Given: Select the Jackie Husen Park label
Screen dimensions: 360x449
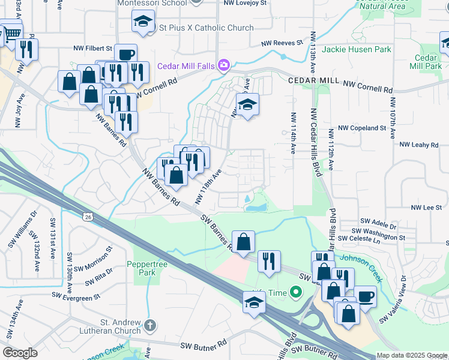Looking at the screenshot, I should (357, 49).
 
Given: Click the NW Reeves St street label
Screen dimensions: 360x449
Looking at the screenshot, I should (284, 43).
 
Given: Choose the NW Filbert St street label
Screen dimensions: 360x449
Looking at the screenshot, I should (93, 47).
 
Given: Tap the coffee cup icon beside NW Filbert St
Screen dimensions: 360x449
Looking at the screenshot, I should (125, 55).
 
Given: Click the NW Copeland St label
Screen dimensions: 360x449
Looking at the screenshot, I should (362, 128).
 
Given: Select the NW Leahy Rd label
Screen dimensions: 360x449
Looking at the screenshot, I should (423, 145).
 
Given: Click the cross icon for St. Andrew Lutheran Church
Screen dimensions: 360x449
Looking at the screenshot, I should (149, 325).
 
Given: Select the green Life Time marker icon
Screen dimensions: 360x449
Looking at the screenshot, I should (295, 293).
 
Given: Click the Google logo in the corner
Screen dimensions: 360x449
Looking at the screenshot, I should (20, 352).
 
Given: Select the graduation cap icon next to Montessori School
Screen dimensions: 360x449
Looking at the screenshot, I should (143, 22).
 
